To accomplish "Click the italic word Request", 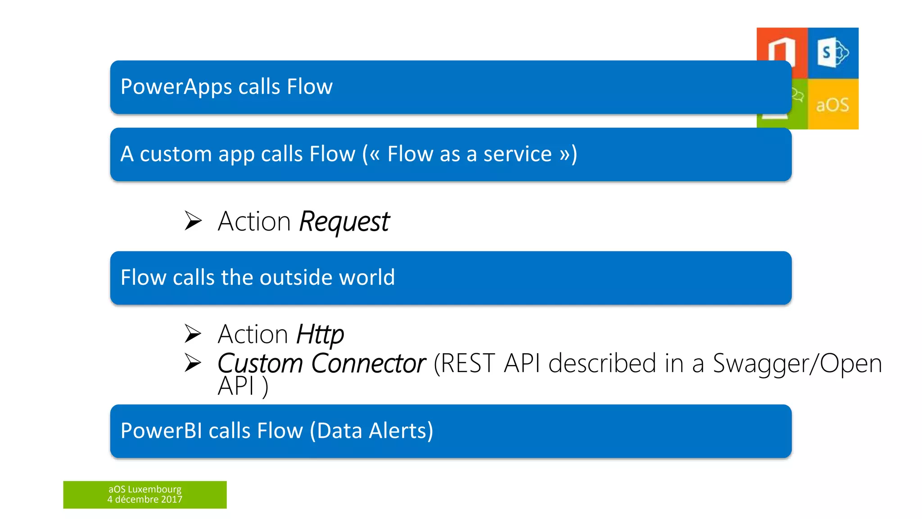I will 344,222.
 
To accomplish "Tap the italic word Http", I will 320,335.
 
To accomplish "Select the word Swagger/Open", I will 797,364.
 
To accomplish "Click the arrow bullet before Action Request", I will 193,221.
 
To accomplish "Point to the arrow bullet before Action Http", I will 193,333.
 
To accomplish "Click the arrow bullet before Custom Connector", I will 193,363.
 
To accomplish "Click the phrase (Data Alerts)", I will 371,431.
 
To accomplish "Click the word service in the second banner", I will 517,154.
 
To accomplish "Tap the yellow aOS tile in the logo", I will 833,105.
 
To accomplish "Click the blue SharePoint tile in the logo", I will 833,53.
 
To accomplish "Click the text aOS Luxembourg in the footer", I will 145,489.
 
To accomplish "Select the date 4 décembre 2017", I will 145,500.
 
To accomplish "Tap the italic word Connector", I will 368,364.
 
